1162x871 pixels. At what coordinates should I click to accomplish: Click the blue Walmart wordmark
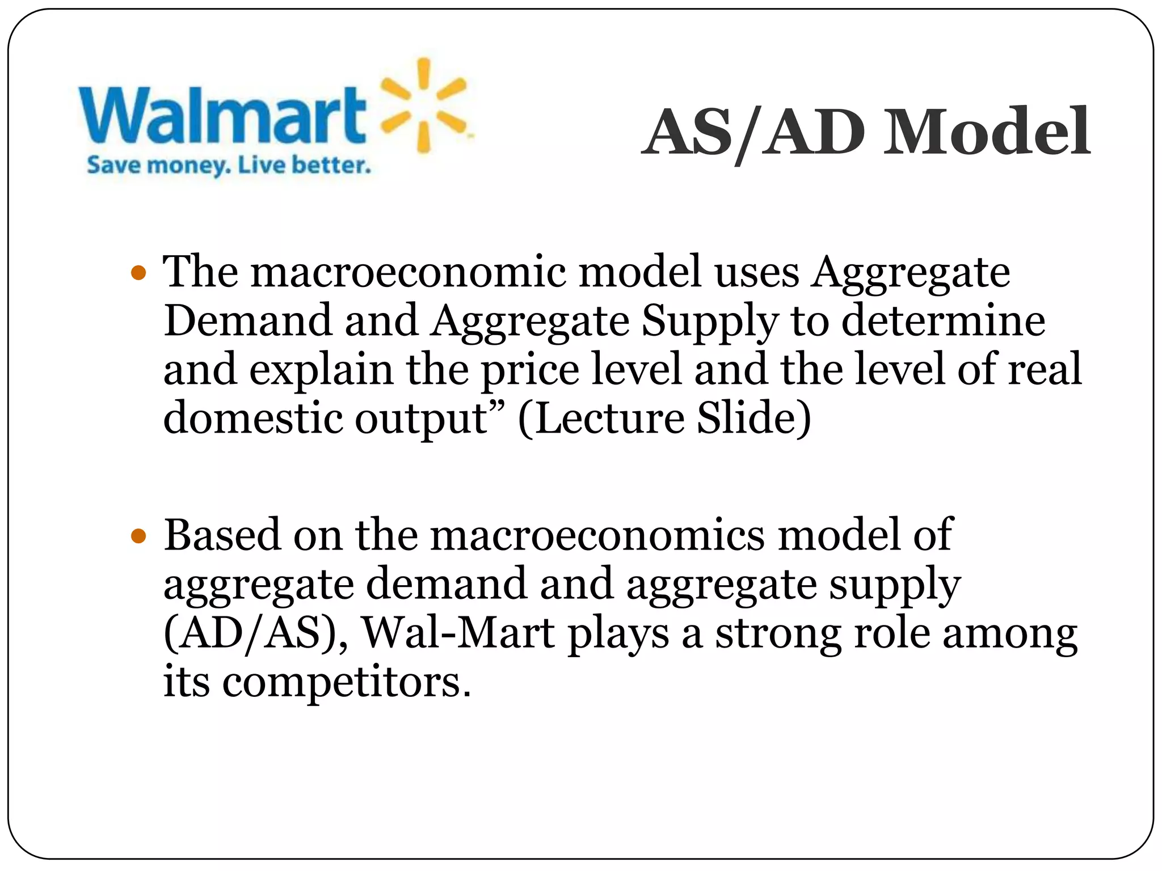point(222,116)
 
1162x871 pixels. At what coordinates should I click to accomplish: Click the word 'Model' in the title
point(987,133)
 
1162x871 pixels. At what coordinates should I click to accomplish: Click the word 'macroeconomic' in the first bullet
point(409,272)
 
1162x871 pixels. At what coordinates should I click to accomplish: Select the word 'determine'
point(943,321)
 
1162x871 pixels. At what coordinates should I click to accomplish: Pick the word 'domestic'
point(253,418)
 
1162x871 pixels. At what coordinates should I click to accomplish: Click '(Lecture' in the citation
point(601,418)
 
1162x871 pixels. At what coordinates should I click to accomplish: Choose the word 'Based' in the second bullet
point(222,535)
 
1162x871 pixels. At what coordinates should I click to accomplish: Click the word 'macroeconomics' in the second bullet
point(597,535)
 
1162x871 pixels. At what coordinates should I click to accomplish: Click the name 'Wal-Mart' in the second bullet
point(458,633)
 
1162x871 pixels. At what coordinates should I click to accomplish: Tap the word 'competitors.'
point(346,683)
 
